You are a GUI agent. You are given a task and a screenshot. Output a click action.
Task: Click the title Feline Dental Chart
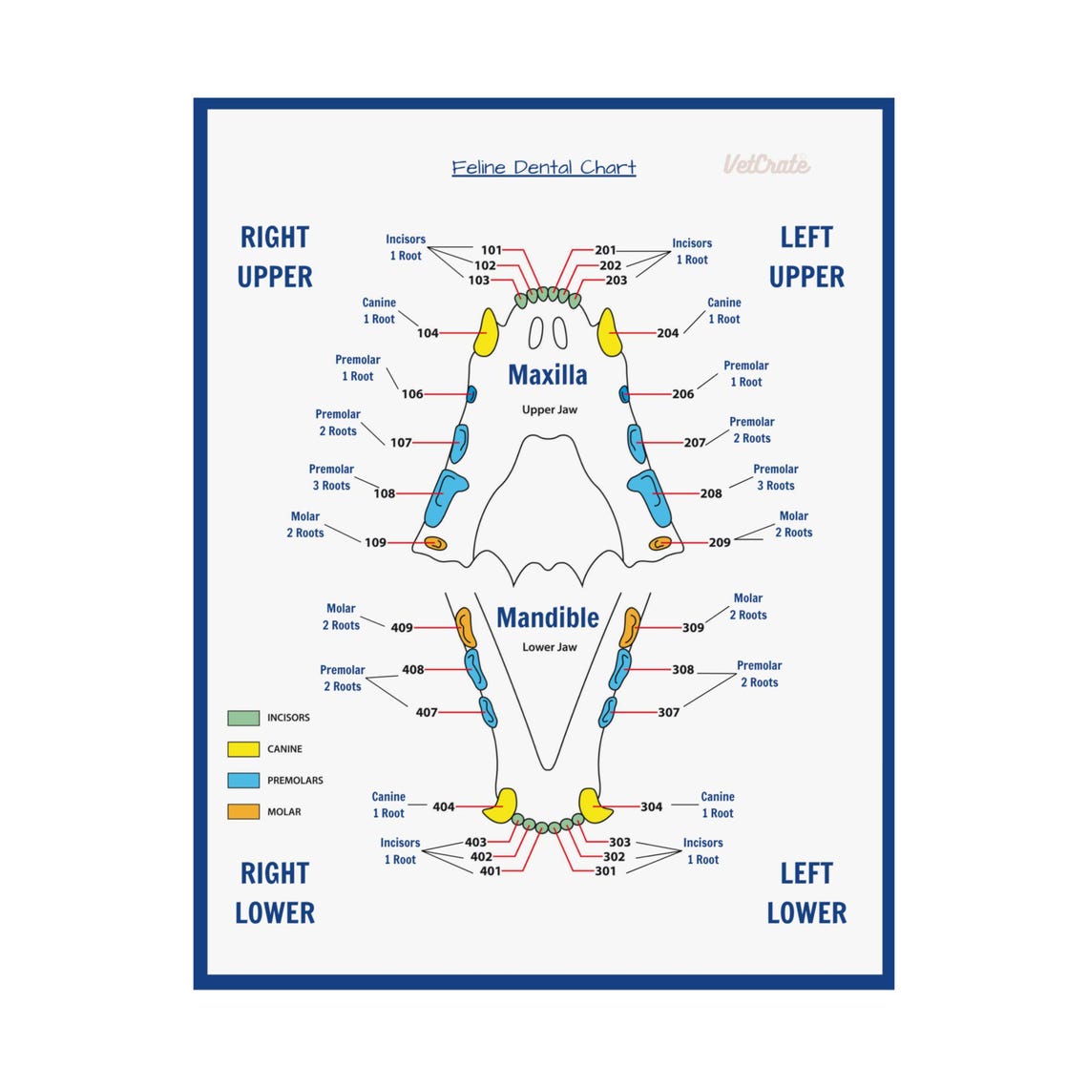(x=543, y=168)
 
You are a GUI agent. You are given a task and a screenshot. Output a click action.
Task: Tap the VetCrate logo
(x=766, y=164)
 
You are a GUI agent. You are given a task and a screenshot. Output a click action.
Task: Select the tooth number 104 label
(x=428, y=333)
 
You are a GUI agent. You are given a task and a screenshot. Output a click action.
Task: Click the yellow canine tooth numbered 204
(x=608, y=331)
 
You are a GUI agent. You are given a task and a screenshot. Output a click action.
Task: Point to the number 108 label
(x=385, y=493)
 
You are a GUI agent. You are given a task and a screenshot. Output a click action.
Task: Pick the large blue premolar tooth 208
(x=650, y=495)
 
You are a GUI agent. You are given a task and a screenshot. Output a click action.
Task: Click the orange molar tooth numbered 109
(x=435, y=543)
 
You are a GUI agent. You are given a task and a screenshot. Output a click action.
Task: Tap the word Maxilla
(x=547, y=375)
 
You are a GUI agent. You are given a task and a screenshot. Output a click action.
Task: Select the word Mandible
(x=548, y=618)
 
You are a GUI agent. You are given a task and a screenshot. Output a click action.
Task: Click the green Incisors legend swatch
(x=243, y=718)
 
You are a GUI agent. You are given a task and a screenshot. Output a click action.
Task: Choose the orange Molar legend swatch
(x=243, y=812)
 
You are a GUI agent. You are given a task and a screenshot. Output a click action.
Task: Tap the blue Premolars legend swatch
(x=243, y=781)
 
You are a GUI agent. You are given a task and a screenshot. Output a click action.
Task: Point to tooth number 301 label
(x=605, y=871)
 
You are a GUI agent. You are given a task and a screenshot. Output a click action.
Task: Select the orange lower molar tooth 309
(x=630, y=627)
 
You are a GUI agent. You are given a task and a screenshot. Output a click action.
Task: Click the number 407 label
(x=427, y=712)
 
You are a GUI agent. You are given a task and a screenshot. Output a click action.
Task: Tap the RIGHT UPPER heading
(x=275, y=257)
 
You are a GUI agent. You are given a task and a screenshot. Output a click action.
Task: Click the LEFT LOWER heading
(x=806, y=893)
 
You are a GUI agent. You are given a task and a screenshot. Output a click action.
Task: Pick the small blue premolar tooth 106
(x=471, y=393)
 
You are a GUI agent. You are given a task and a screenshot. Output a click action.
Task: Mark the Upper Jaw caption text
(x=549, y=410)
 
